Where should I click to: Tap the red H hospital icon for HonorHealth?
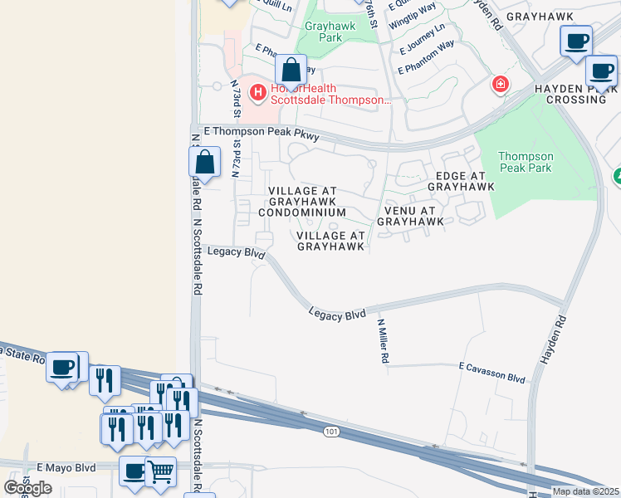tap(258, 91)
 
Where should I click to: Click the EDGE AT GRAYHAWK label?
tap(460, 183)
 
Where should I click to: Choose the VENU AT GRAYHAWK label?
tap(409, 215)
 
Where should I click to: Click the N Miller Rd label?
tap(384, 341)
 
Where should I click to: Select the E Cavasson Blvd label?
tap(492, 372)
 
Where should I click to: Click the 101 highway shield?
tap(330, 432)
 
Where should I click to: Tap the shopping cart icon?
tap(160, 471)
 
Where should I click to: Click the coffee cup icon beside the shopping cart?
tap(134, 471)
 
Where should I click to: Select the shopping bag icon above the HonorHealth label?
tap(290, 70)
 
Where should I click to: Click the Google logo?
tap(27, 487)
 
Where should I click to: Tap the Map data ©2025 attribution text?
tap(584, 491)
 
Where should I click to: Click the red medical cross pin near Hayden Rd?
tap(500, 83)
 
